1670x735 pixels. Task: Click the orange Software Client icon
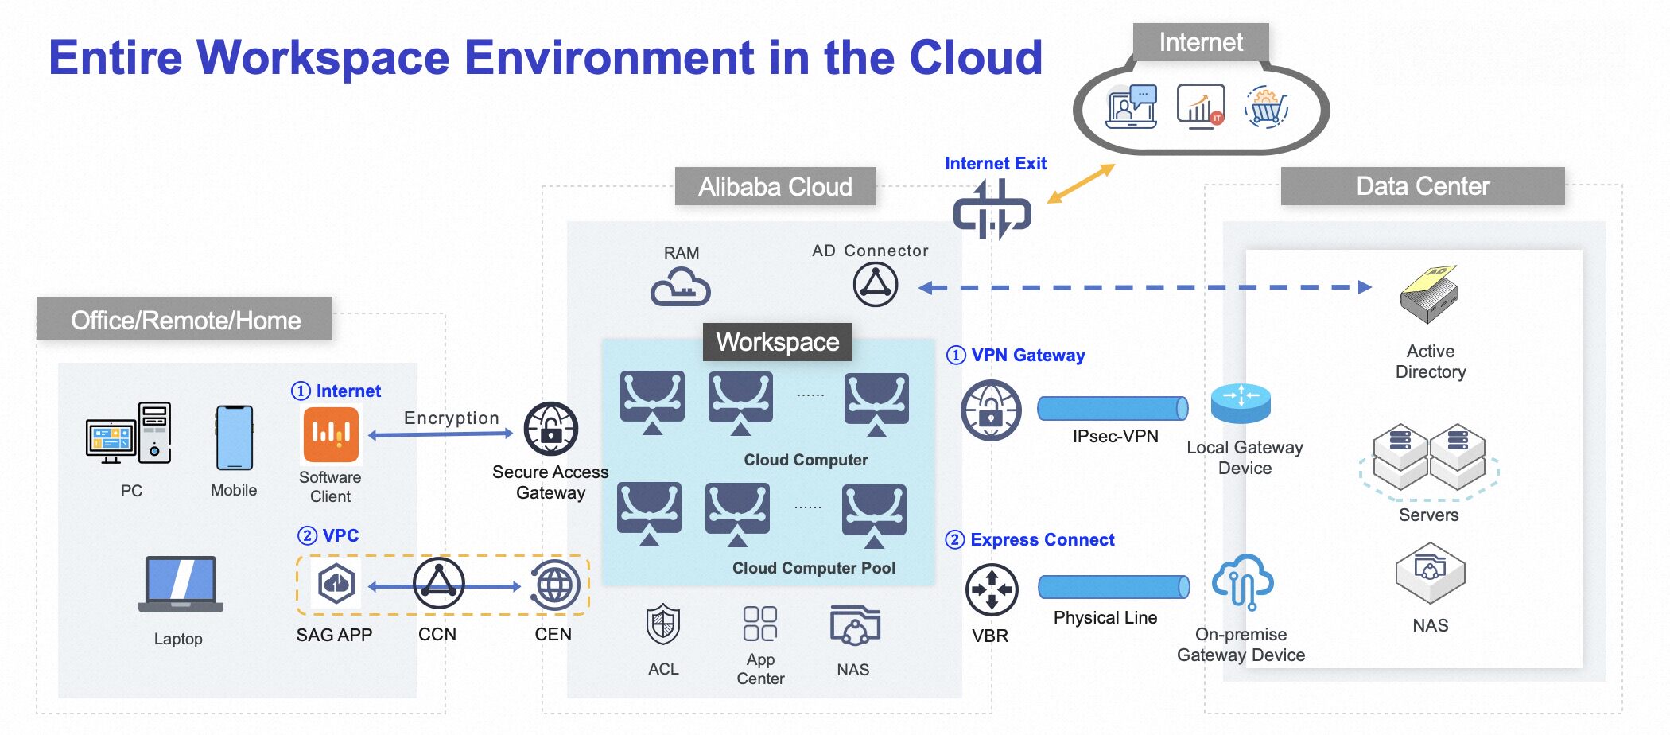click(331, 434)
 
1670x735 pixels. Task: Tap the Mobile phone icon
click(235, 437)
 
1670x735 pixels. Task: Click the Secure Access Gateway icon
click(550, 430)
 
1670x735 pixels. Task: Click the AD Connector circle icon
click(876, 284)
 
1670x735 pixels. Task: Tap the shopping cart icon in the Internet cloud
click(1266, 107)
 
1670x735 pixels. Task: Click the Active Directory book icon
click(1428, 294)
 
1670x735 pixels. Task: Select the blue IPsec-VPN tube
click(1113, 408)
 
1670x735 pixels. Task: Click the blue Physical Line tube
click(1113, 587)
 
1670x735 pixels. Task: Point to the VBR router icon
click(991, 589)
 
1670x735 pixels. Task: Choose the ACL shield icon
click(663, 624)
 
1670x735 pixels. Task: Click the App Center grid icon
click(759, 624)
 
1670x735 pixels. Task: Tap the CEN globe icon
click(554, 585)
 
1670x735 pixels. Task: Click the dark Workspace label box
click(777, 342)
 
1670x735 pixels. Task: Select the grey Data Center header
click(1422, 186)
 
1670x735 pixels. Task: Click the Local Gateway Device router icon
click(1241, 403)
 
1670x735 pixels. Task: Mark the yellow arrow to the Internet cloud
click(1081, 184)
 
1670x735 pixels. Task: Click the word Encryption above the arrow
click(451, 418)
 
